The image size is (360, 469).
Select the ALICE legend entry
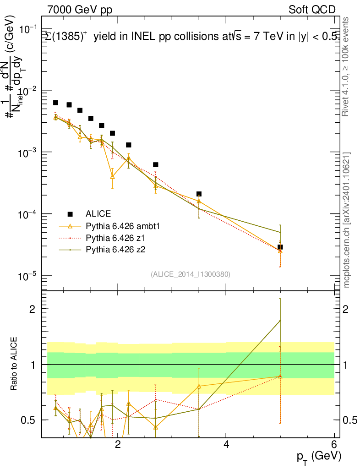pos(98,213)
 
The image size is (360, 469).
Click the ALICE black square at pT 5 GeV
pos(280,247)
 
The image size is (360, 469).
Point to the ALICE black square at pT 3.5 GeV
pos(199,194)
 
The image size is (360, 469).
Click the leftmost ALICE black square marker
pos(55,103)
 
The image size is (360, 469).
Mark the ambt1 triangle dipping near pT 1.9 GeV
pos(112,176)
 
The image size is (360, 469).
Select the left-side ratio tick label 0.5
pos(31,420)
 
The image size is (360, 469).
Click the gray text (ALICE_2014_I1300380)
pos(190,274)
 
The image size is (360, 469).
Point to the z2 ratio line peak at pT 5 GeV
pos(280,321)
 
